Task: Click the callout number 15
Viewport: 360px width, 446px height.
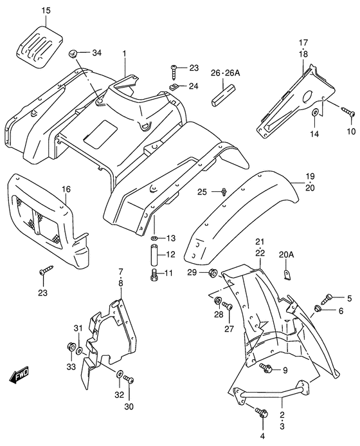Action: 46,11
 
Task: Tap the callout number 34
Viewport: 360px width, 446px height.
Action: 96,52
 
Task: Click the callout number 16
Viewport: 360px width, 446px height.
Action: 66,189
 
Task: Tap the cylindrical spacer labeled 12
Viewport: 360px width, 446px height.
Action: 154,256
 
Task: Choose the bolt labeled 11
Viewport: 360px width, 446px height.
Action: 154,275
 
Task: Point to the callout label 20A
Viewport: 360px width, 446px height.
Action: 287,255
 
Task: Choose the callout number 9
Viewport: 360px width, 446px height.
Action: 285,369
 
